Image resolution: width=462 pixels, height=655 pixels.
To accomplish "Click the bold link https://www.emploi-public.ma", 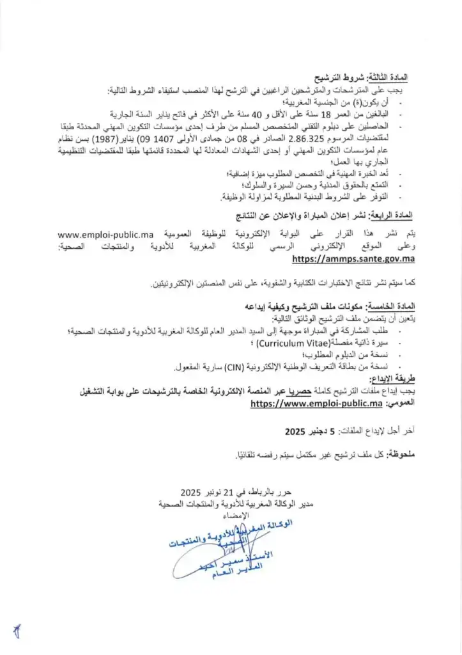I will (x=316, y=404).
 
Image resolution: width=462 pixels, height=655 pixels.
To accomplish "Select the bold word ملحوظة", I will (x=399, y=455).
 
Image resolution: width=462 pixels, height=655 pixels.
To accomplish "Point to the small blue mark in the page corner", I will (x=17, y=631).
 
